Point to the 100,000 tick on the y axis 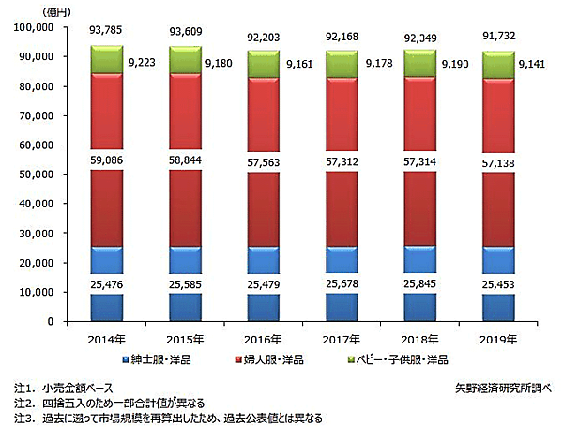(x=32, y=28)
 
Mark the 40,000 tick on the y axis (x=35, y=204)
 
